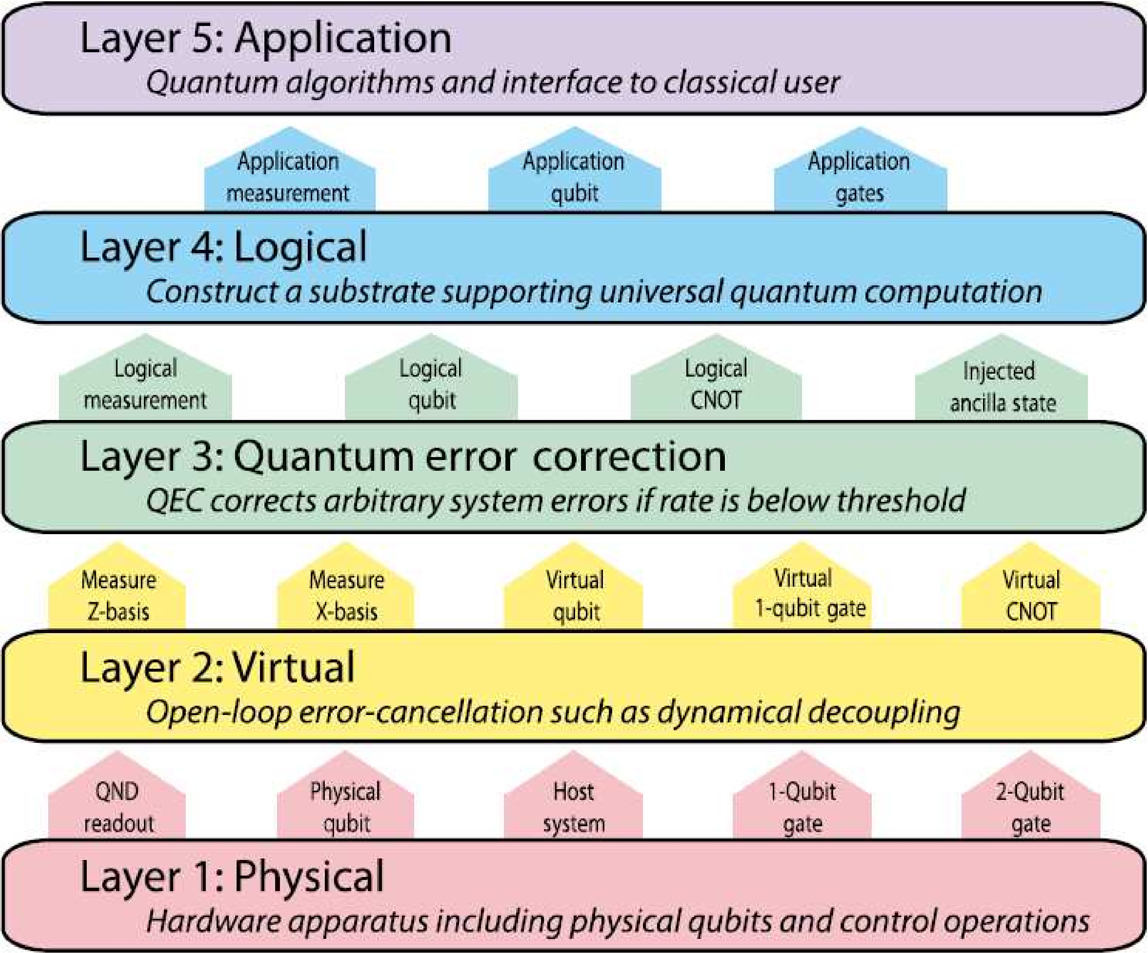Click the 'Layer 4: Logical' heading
coord(223,248)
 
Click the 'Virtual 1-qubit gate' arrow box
coord(802,593)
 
